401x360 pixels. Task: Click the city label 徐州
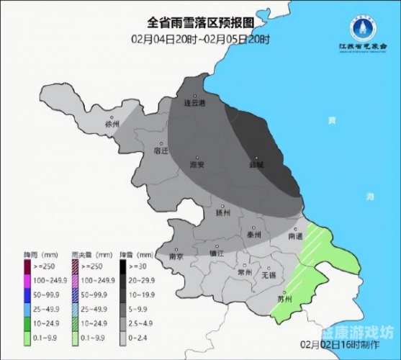[x=111, y=123]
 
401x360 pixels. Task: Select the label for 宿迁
[x=161, y=151]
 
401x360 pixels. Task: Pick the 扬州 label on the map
[x=222, y=212]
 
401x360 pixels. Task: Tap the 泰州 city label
[x=253, y=235]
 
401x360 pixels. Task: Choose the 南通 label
[x=294, y=235]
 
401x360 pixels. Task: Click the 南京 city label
[x=176, y=256]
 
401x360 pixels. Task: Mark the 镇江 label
[x=217, y=253]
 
